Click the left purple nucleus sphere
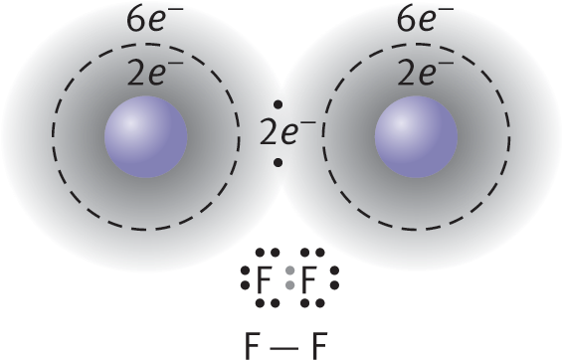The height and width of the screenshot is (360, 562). (146, 137)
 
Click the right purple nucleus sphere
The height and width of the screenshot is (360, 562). (416, 137)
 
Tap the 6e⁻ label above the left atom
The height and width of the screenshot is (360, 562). (155, 19)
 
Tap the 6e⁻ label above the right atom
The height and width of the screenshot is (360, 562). (425, 19)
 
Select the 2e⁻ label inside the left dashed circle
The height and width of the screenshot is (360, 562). (155, 73)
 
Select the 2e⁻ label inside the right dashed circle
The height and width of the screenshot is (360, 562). (425, 73)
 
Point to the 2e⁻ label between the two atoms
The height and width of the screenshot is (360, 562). (287, 133)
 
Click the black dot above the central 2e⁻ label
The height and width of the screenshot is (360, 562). (278, 104)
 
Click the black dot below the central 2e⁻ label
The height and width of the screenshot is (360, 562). (278, 163)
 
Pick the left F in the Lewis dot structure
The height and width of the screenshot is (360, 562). (263, 280)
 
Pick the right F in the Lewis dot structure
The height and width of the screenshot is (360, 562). (308, 280)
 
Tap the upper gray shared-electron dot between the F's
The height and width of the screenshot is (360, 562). (290, 270)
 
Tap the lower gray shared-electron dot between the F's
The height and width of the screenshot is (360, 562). (290, 285)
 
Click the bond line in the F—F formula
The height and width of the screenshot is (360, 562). (284, 347)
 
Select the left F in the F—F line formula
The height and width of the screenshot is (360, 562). (252, 346)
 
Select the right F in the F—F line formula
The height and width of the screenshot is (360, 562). (319, 346)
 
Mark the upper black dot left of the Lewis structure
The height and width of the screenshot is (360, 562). (245, 270)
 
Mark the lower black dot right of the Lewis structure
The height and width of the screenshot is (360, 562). (334, 285)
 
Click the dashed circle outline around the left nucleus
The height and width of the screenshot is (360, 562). (53, 137)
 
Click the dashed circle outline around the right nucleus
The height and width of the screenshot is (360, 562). (510, 137)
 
